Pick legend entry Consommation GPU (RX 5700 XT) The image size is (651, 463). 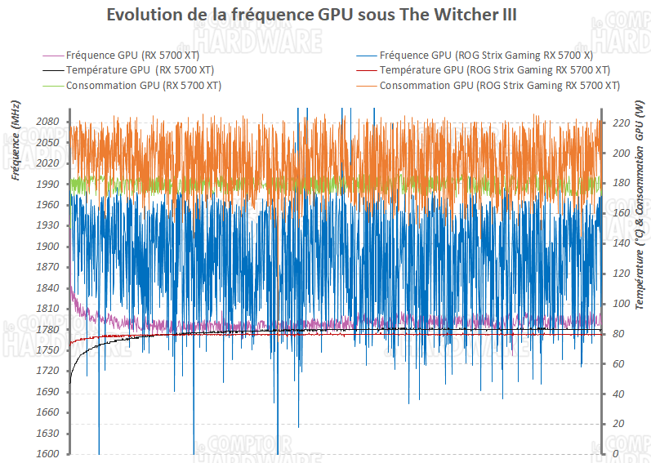pyautogui.click(x=144, y=86)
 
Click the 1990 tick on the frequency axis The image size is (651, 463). pyautogui.click(x=47, y=185)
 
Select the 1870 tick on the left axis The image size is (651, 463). pyautogui.click(x=47, y=267)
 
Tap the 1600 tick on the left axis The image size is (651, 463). pyautogui.click(x=47, y=454)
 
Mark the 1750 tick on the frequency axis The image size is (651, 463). pyautogui.click(x=47, y=350)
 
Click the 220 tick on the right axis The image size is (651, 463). pyautogui.click(x=620, y=122)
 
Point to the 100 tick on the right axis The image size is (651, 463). pyautogui.click(x=620, y=304)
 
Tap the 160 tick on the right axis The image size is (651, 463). pyautogui.click(x=620, y=213)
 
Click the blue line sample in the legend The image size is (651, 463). pyautogui.click(x=367, y=56)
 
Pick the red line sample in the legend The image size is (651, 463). pyautogui.click(x=367, y=70)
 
